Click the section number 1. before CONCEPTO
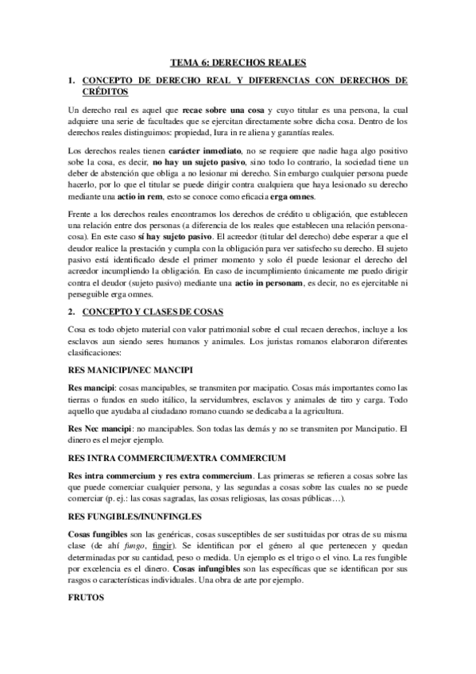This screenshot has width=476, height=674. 72,81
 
